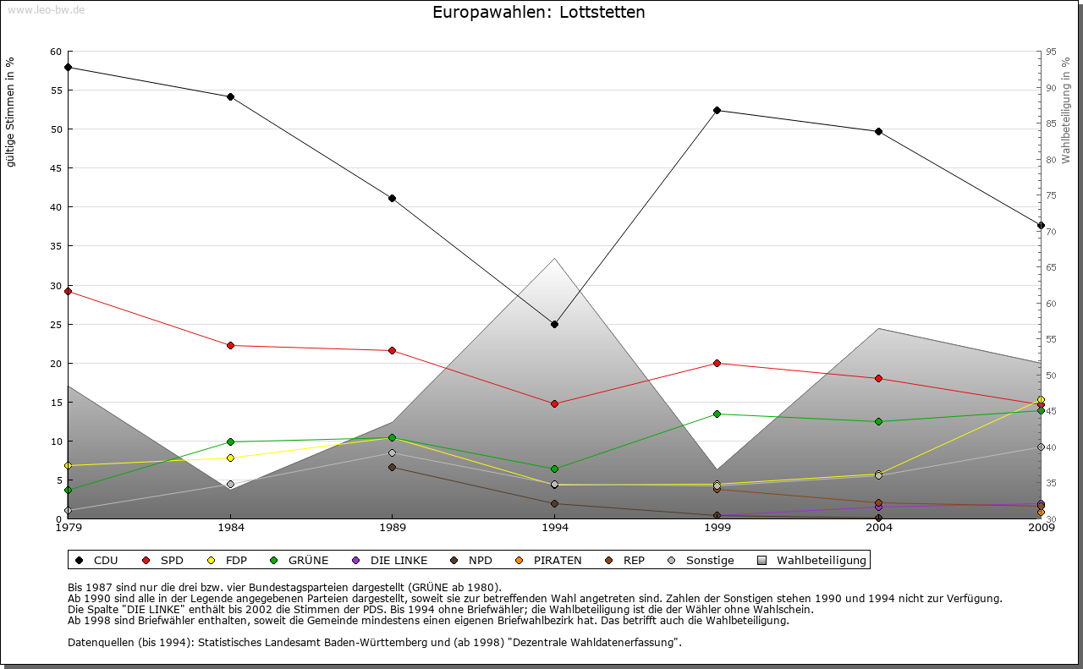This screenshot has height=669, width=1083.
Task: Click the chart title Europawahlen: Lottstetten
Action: point(538,13)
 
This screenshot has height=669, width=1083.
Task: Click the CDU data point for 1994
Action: point(554,324)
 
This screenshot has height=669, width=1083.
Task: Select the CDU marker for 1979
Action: point(68,67)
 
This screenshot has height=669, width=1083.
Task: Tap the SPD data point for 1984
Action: point(230,345)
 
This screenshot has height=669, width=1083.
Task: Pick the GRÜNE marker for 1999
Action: point(717,414)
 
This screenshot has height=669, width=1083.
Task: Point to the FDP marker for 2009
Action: point(1041,400)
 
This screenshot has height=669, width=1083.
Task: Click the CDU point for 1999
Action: point(717,110)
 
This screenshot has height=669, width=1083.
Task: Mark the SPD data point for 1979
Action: point(68,291)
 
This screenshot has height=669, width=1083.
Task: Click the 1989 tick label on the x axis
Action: point(393,529)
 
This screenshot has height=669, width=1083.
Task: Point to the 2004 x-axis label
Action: point(879,529)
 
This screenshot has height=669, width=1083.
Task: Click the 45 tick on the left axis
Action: point(56,168)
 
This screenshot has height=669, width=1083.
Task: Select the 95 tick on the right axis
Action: point(1050,52)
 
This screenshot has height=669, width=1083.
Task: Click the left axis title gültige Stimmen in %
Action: point(11,112)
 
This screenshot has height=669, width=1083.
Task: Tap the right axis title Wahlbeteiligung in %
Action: point(1066,111)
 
